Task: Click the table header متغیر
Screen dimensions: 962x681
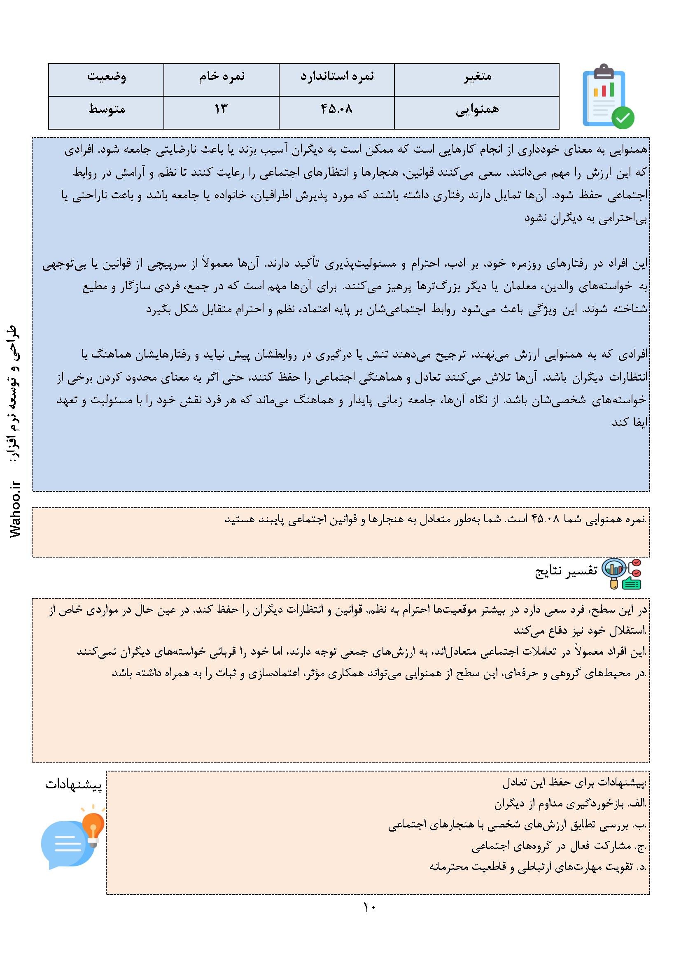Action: [477, 77]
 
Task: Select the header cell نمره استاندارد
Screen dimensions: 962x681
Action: [337, 77]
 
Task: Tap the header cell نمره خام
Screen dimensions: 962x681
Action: [222, 77]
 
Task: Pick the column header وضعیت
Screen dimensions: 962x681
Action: [107, 77]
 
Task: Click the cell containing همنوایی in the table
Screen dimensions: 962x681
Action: [477, 110]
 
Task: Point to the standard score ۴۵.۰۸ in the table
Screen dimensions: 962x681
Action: [337, 110]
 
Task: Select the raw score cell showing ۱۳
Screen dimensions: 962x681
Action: [221, 110]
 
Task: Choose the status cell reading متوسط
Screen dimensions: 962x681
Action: [107, 110]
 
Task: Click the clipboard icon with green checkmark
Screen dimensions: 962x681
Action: [604, 97]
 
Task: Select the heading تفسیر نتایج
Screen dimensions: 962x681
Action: [566, 572]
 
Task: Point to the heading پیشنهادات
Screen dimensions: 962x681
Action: [73, 785]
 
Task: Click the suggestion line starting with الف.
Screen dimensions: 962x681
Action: [570, 804]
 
